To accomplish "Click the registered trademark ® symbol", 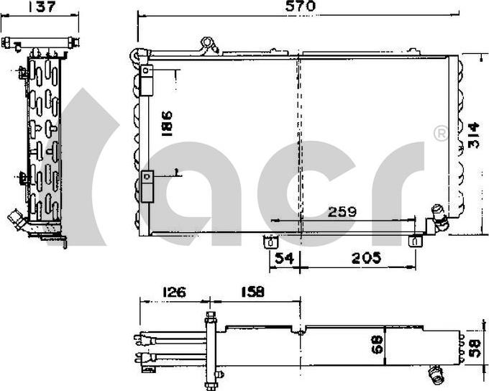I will pyautogui.click(x=440, y=133).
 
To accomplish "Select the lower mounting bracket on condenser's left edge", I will pyautogui.click(x=147, y=184).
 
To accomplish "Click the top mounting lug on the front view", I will pyautogui.click(x=209, y=45).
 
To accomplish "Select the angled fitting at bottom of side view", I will pyautogui.click(x=16, y=219).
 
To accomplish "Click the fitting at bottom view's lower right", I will pyautogui.click(x=435, y=373).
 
